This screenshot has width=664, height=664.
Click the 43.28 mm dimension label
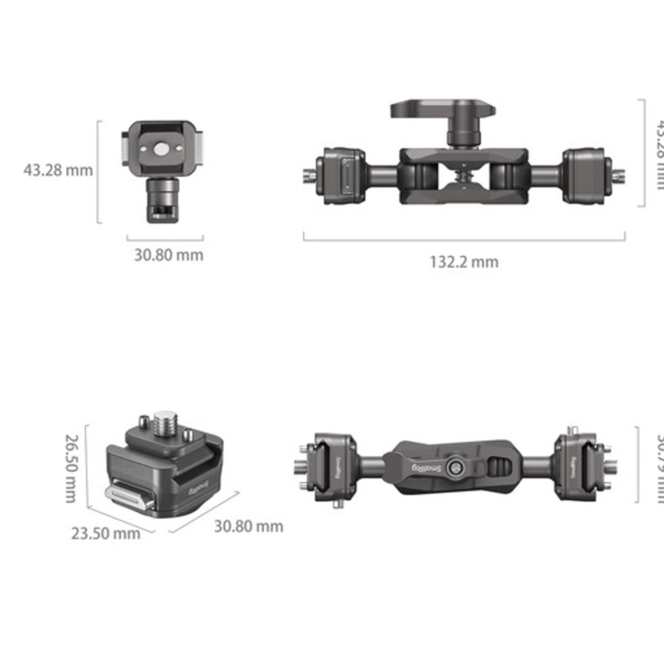[x=58, y=170]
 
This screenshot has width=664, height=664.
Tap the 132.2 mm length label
[x=464, y=262]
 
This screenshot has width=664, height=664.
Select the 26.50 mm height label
[x=71, y=468]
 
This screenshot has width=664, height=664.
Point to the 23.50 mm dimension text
[x=106, y=534]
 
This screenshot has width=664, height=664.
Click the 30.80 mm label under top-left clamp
[x=168, y=255]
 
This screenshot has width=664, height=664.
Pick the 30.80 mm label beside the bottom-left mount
[x=248, y=526]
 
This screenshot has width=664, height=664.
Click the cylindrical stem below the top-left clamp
[x=162, y=200]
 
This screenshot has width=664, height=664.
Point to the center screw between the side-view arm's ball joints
[x=464, y=176]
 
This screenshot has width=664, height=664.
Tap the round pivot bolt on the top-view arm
[x=455, y=467]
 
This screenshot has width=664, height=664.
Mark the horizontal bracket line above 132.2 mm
[x=464, y=240]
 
